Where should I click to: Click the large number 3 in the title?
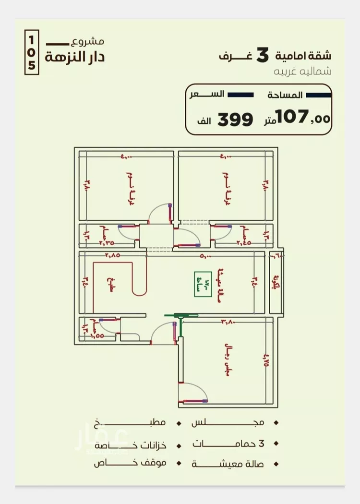tap(263, 55)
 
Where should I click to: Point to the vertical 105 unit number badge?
tap(32, 53)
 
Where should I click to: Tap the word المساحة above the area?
tap(285, 95)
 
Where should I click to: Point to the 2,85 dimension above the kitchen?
tap(112, 255)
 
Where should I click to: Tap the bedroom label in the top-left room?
tap(129, 189)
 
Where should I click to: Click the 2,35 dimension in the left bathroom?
tap(106, 243)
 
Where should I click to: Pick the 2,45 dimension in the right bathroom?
tap(244, 243)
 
